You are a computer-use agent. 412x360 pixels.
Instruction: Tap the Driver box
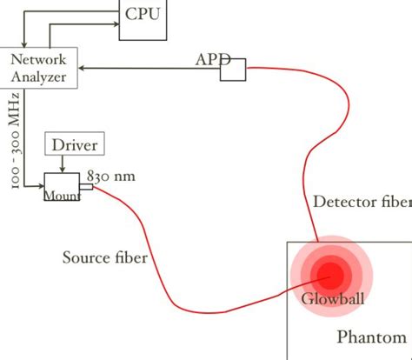[x=75, y=144]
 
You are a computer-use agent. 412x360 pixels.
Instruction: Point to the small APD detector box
[x=233, y=70]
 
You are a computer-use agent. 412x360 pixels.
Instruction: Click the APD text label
[x=211, y=59]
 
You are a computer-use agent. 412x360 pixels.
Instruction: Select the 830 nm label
[x=110, y=175]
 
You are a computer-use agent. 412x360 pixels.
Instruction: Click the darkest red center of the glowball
[x=331, y=275]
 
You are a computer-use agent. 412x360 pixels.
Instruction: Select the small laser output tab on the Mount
[x=86, y=186]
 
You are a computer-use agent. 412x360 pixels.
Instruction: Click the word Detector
[x=344, y=203]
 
